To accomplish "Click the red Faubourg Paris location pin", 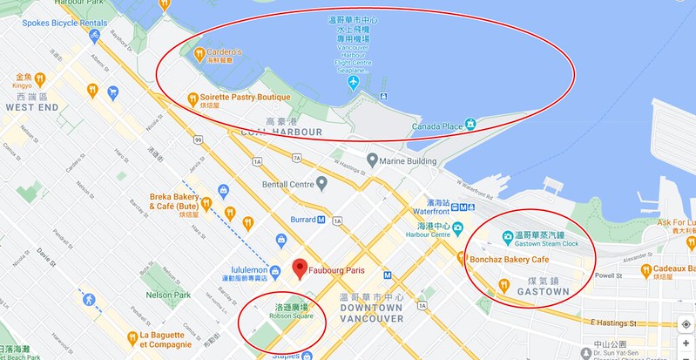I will click(x=299, y=268).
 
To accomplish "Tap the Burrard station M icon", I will click(x=321, y=220).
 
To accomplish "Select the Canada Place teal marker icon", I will click(x=470, y=125).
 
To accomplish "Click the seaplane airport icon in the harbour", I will click(x=353, y=84).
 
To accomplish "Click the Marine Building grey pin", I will click(x=372, y=160).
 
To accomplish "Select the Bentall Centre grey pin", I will click(x=321, y=183).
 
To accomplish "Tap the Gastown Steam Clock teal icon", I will click(x=507, y=235).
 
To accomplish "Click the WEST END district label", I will click(x=31, y=107).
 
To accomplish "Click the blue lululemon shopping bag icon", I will click(x=281, y=240).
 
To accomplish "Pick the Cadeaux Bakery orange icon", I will click(x=645, y=269).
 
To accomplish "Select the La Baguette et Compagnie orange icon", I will click(x=132, y=336).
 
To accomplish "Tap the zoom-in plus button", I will click(x=686, y=343).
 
